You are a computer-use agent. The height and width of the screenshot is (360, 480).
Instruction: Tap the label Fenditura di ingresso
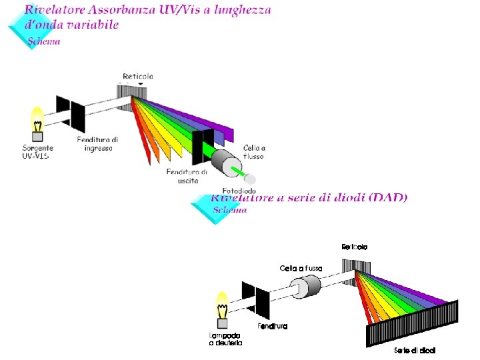(97, 144)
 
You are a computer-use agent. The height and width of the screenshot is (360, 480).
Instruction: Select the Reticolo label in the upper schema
(138, 77)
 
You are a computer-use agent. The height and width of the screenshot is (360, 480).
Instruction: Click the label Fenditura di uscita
(187, 176)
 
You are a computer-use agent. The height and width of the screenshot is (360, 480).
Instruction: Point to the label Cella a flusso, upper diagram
(254, 152)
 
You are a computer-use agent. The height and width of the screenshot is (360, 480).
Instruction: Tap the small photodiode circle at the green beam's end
(251, 179)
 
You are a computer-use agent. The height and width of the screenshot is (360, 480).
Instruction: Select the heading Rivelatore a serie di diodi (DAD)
(309, 197)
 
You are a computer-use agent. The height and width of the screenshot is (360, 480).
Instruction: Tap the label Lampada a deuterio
(225, 339)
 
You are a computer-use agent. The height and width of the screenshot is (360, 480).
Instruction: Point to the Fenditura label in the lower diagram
(273, 326)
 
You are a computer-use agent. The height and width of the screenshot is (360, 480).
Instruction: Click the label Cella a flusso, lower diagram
(301, 268)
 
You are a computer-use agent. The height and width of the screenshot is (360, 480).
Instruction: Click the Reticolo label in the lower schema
(354, 247)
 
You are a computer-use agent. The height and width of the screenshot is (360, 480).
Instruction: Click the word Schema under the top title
(45, 41)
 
